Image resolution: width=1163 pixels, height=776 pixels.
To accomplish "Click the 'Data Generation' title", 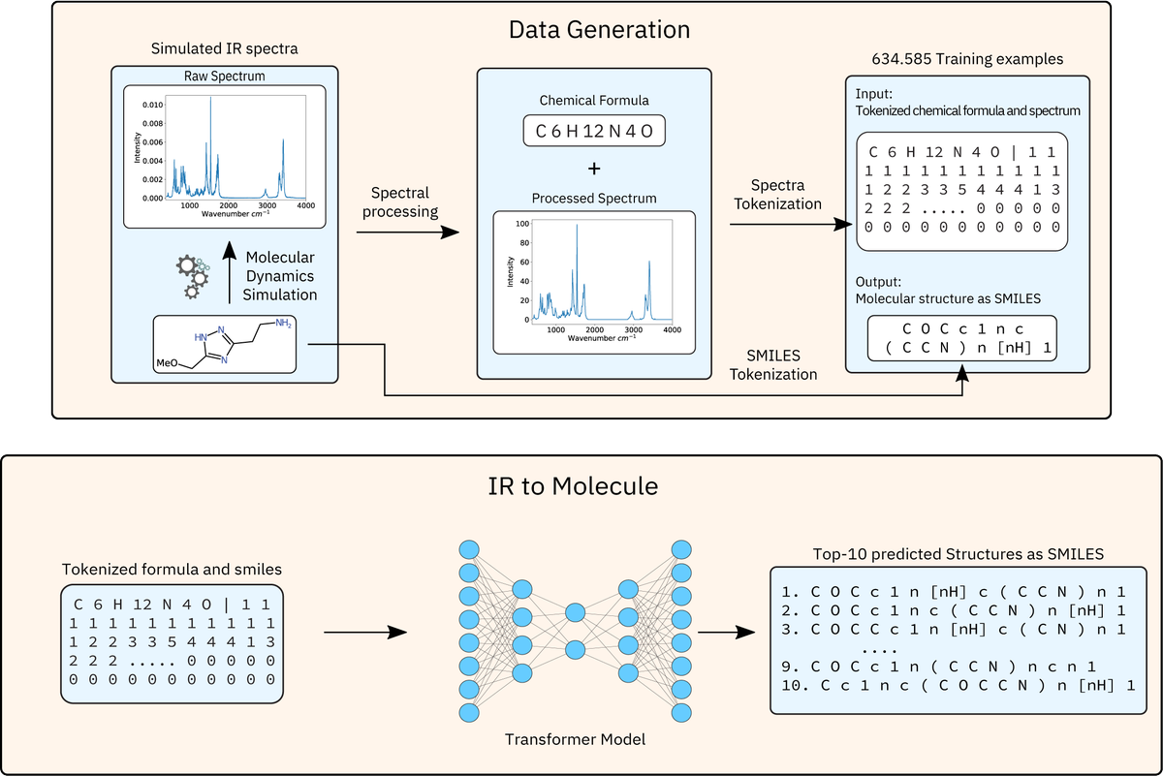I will coord(599,29).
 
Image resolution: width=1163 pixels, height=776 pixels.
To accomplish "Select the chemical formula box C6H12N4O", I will coord(594,130).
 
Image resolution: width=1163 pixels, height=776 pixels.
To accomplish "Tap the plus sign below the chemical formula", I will coord(594,167).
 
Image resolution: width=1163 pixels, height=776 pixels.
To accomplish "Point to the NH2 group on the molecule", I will coord(282,324).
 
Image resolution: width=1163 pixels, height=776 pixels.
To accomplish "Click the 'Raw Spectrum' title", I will coord(224,76).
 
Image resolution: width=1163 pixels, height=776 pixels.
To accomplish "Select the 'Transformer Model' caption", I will coord(575,739).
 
